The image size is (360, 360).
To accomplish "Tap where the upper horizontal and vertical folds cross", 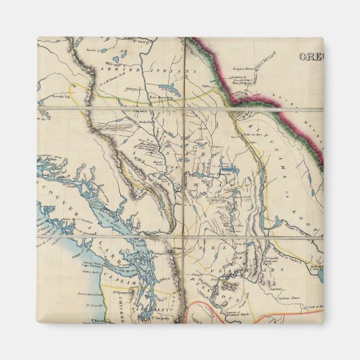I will coord(182,107).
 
